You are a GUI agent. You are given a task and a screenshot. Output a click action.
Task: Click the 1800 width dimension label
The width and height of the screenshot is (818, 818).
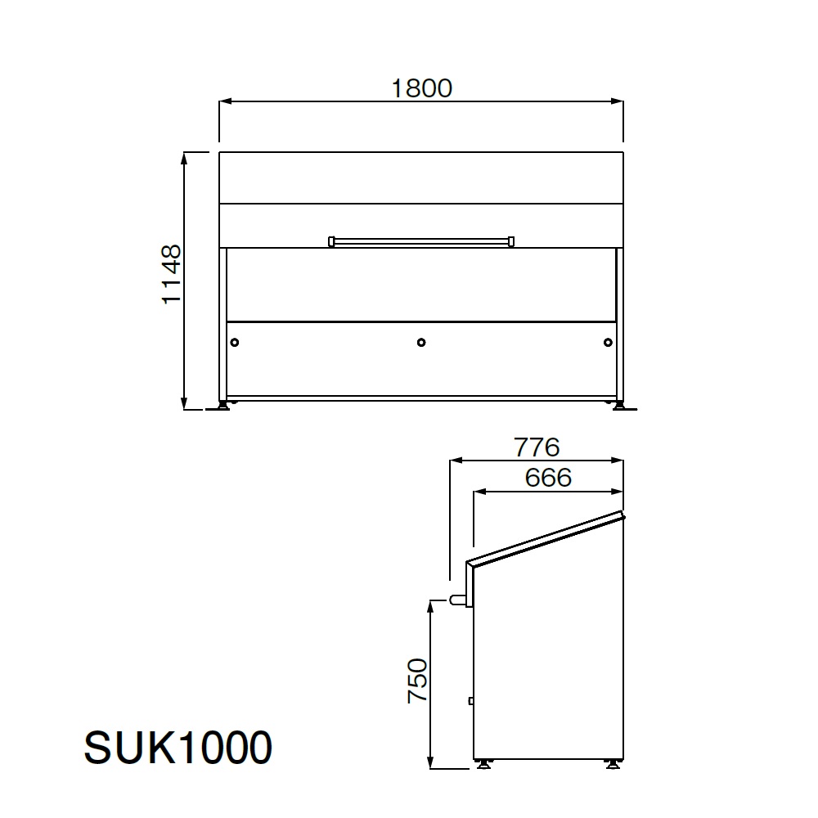421,88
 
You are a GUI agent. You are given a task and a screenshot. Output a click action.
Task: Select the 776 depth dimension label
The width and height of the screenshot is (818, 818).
537,447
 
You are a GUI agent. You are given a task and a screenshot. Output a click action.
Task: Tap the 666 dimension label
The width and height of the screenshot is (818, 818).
548,478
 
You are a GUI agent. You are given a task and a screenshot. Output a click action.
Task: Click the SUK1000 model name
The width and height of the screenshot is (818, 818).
178,748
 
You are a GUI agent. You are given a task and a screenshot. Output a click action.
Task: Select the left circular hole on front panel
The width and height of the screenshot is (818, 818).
235,342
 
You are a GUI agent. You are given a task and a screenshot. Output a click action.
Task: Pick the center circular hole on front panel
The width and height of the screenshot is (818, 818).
421,342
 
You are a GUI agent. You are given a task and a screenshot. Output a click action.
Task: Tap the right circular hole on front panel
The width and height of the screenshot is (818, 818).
607,342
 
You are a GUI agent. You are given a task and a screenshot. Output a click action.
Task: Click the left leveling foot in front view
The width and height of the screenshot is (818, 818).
222,405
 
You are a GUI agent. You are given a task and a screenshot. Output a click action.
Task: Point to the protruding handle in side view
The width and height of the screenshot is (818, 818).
457,601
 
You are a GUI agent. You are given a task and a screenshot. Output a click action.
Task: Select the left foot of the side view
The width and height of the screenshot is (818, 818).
485,764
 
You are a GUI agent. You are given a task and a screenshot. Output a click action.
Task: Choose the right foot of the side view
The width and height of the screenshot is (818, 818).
613,764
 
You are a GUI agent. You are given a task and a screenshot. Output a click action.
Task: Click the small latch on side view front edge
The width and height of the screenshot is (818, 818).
471,700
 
